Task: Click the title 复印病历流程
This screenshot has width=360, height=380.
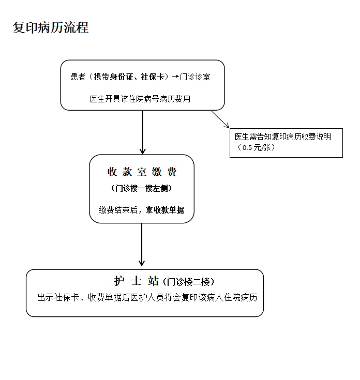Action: pyautogui.click(x=51, y=28)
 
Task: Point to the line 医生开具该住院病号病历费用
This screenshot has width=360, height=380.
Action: pyautogui.click(x=140, y=99)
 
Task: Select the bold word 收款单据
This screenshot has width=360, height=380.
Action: pyautogui.click(x=169, y=210)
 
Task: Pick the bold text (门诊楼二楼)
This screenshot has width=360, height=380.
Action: pyautogui.click(x=188, y=282)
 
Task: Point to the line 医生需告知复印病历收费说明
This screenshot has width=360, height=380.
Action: pyautogui.click(x=283, y=137)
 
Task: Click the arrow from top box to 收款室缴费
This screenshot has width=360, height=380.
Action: pyautogui.click(x=142, y=132)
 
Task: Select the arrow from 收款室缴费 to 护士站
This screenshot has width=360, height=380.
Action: pyautogui.click(x=142, y=246)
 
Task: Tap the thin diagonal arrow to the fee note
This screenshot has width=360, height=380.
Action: pyautogui.click(x=220, y=119)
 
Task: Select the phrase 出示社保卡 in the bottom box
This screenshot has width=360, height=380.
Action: pyautogui.click(x=57, y=298)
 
